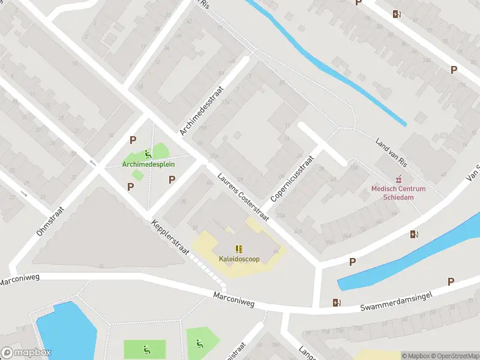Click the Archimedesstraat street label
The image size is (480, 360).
(x=202, y=110)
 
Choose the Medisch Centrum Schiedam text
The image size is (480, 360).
(x=398, y=193)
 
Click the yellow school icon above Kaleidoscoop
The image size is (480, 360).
(x=239, y=249)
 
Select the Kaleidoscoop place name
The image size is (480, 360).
(x=239, y=259)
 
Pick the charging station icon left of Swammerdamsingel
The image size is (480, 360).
(x=337, y=302)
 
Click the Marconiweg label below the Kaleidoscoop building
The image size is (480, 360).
(x=234, y=300)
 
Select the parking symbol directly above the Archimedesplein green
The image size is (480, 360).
(x=133, y=140)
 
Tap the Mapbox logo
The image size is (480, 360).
(x=26, y=353)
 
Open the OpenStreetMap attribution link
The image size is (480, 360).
(x=454, y=356)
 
